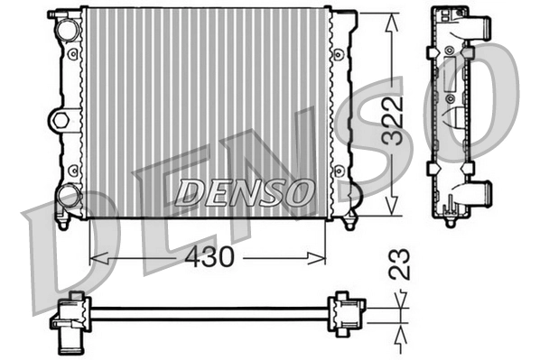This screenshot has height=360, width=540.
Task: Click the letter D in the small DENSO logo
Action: (x=189, y=191)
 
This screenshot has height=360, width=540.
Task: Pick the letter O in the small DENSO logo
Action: (x=298, y=191)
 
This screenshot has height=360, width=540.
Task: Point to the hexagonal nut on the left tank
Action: (x=61, y=118)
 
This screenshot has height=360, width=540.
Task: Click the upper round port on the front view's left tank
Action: (x=67, y=28)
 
